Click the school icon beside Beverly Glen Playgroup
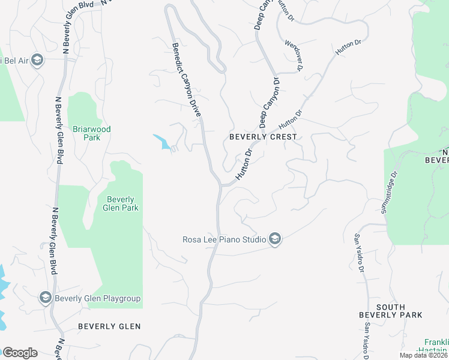click(45, 298)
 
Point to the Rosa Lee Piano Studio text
click(224, 240)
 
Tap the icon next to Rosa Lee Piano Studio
click(275, 240)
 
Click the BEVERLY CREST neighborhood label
click(263, 137)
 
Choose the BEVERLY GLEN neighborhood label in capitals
click(109, 326)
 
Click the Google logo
click(20, 353)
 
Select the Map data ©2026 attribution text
click(423, 355)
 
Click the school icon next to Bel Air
click(37, 60)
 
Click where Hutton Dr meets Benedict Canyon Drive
click(220, 185)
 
